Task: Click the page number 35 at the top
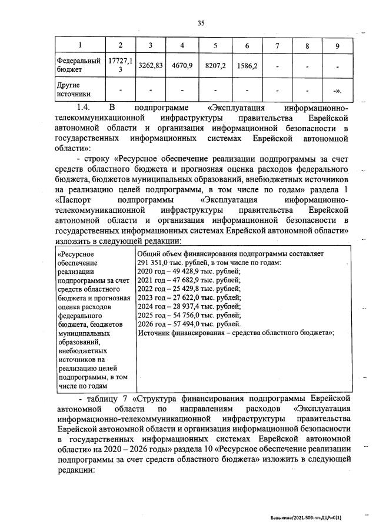[x=201, y=24]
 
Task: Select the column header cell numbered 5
[x=215, y=46]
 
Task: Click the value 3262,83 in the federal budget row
[x=150, y=66]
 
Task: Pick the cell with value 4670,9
[x=182, y=66]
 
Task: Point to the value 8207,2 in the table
[x=215, y=66]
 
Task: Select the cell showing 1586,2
[x=247, y=66]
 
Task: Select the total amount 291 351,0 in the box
[x=157, y=262]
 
